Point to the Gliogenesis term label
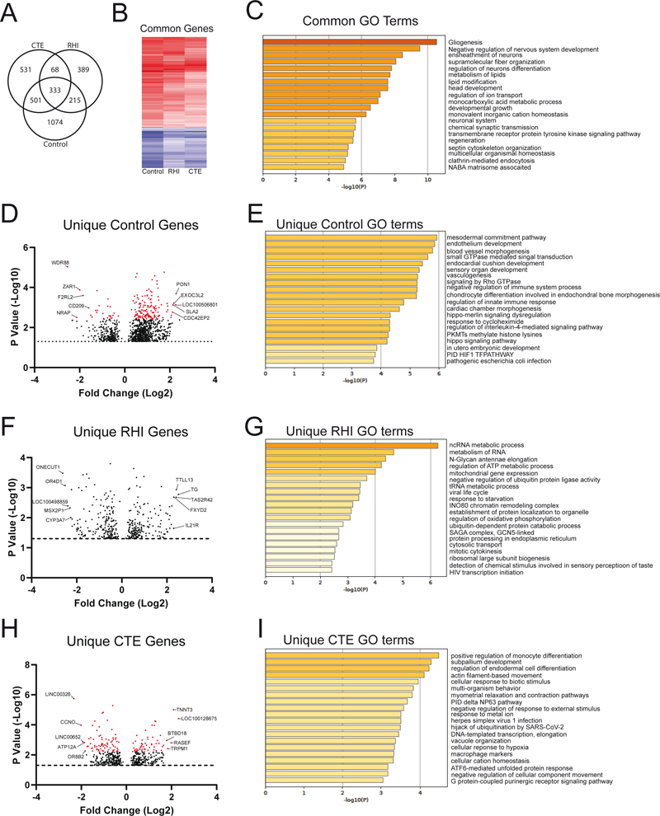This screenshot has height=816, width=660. (x=466, y=41)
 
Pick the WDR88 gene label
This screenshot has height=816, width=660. (x=60, y=263)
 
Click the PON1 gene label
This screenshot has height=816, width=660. (x=183, y=284)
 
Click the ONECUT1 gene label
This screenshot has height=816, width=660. (x=48, y=467)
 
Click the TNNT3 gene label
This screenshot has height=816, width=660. (x=184, y=709)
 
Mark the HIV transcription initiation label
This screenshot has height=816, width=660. (x=488, y=572)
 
